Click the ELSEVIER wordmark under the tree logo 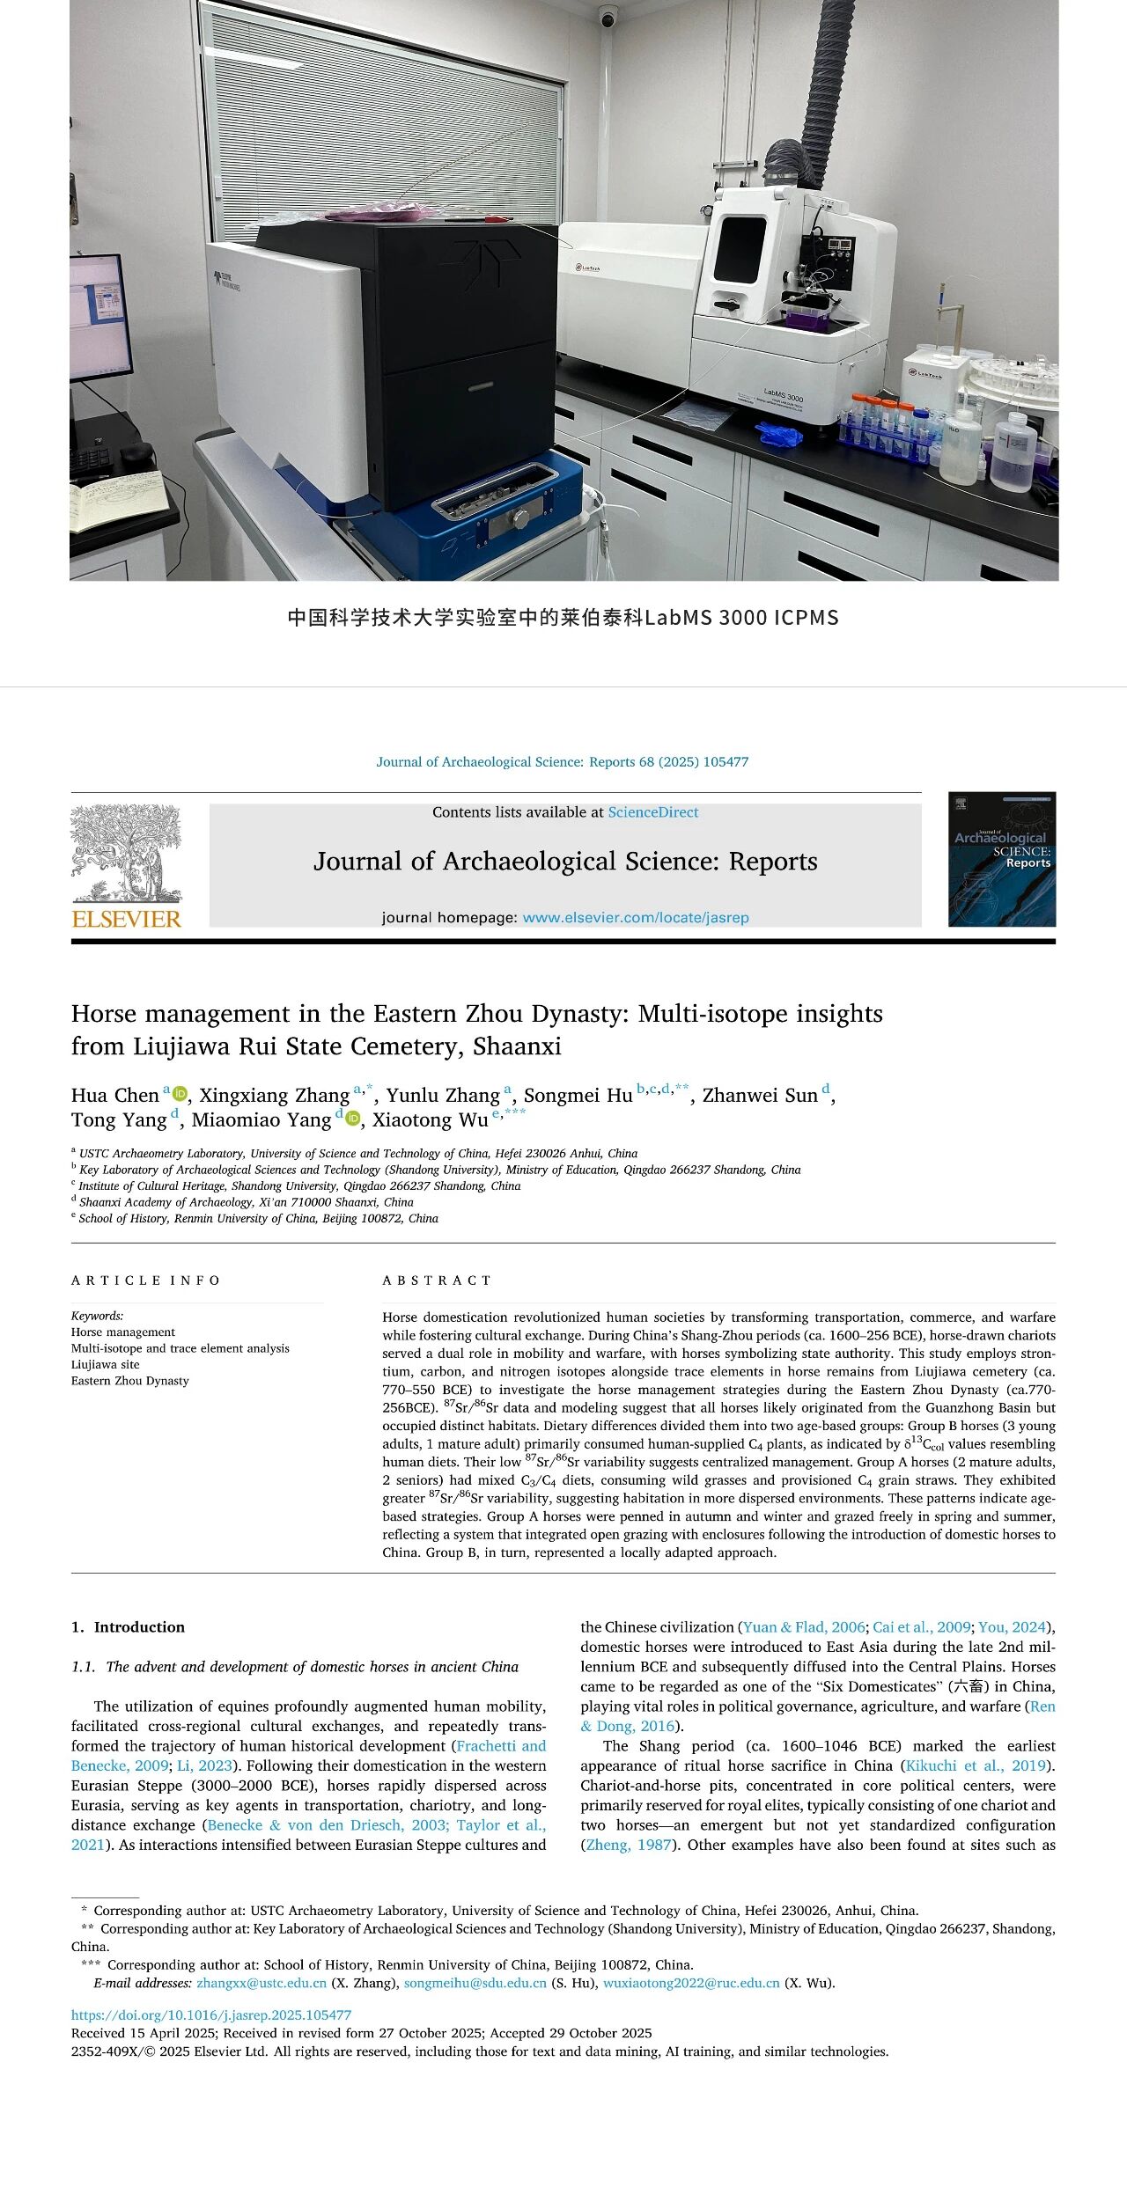[126, 919]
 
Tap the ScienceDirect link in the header [652, 812]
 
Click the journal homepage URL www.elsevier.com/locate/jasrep [635, 917]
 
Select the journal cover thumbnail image [1001, 859]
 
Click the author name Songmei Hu [578, 1095]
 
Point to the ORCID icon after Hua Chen [180, 1094]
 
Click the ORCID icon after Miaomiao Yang [353, 1119]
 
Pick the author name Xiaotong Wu [430, 1119]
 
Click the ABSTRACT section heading [437, 1281]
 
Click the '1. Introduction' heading [128, 1627]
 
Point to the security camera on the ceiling [608, 16]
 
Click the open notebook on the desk [119, 498]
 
